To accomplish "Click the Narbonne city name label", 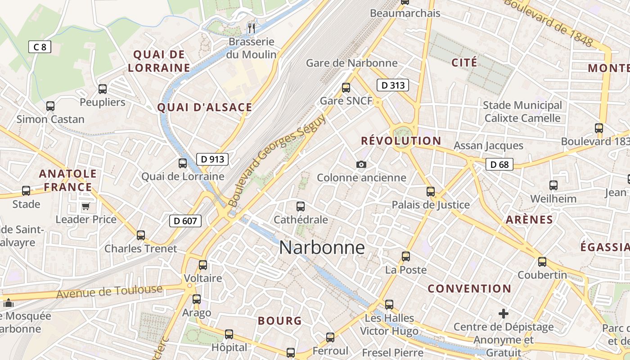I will tap(322, 248).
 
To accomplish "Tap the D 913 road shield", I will tap(212, 159).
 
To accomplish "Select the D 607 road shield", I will tap(185, 221).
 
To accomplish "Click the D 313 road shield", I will tap(392, 85).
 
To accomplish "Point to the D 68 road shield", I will tap(499, 165).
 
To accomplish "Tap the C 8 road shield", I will tap(40, 46).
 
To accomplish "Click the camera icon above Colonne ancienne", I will tap(361, 165).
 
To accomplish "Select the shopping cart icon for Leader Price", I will tap(85, 207).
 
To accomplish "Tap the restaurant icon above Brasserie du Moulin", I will tap(251, 28).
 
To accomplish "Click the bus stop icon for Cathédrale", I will tap(301, 207).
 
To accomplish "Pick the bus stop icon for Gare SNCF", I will tap(346, 88).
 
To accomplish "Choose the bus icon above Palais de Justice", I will tap(431, 192).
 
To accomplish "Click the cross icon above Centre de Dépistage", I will tap(504, 313).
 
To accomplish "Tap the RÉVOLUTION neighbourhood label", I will tap(401, 141).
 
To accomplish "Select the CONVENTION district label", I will tap(469, 288).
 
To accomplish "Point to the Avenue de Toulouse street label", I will tap(109, 292).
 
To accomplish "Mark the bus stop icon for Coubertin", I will tap(542, 262).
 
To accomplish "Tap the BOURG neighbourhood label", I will tap(279, 321).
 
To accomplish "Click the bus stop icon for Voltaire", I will tap(203, 265).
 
